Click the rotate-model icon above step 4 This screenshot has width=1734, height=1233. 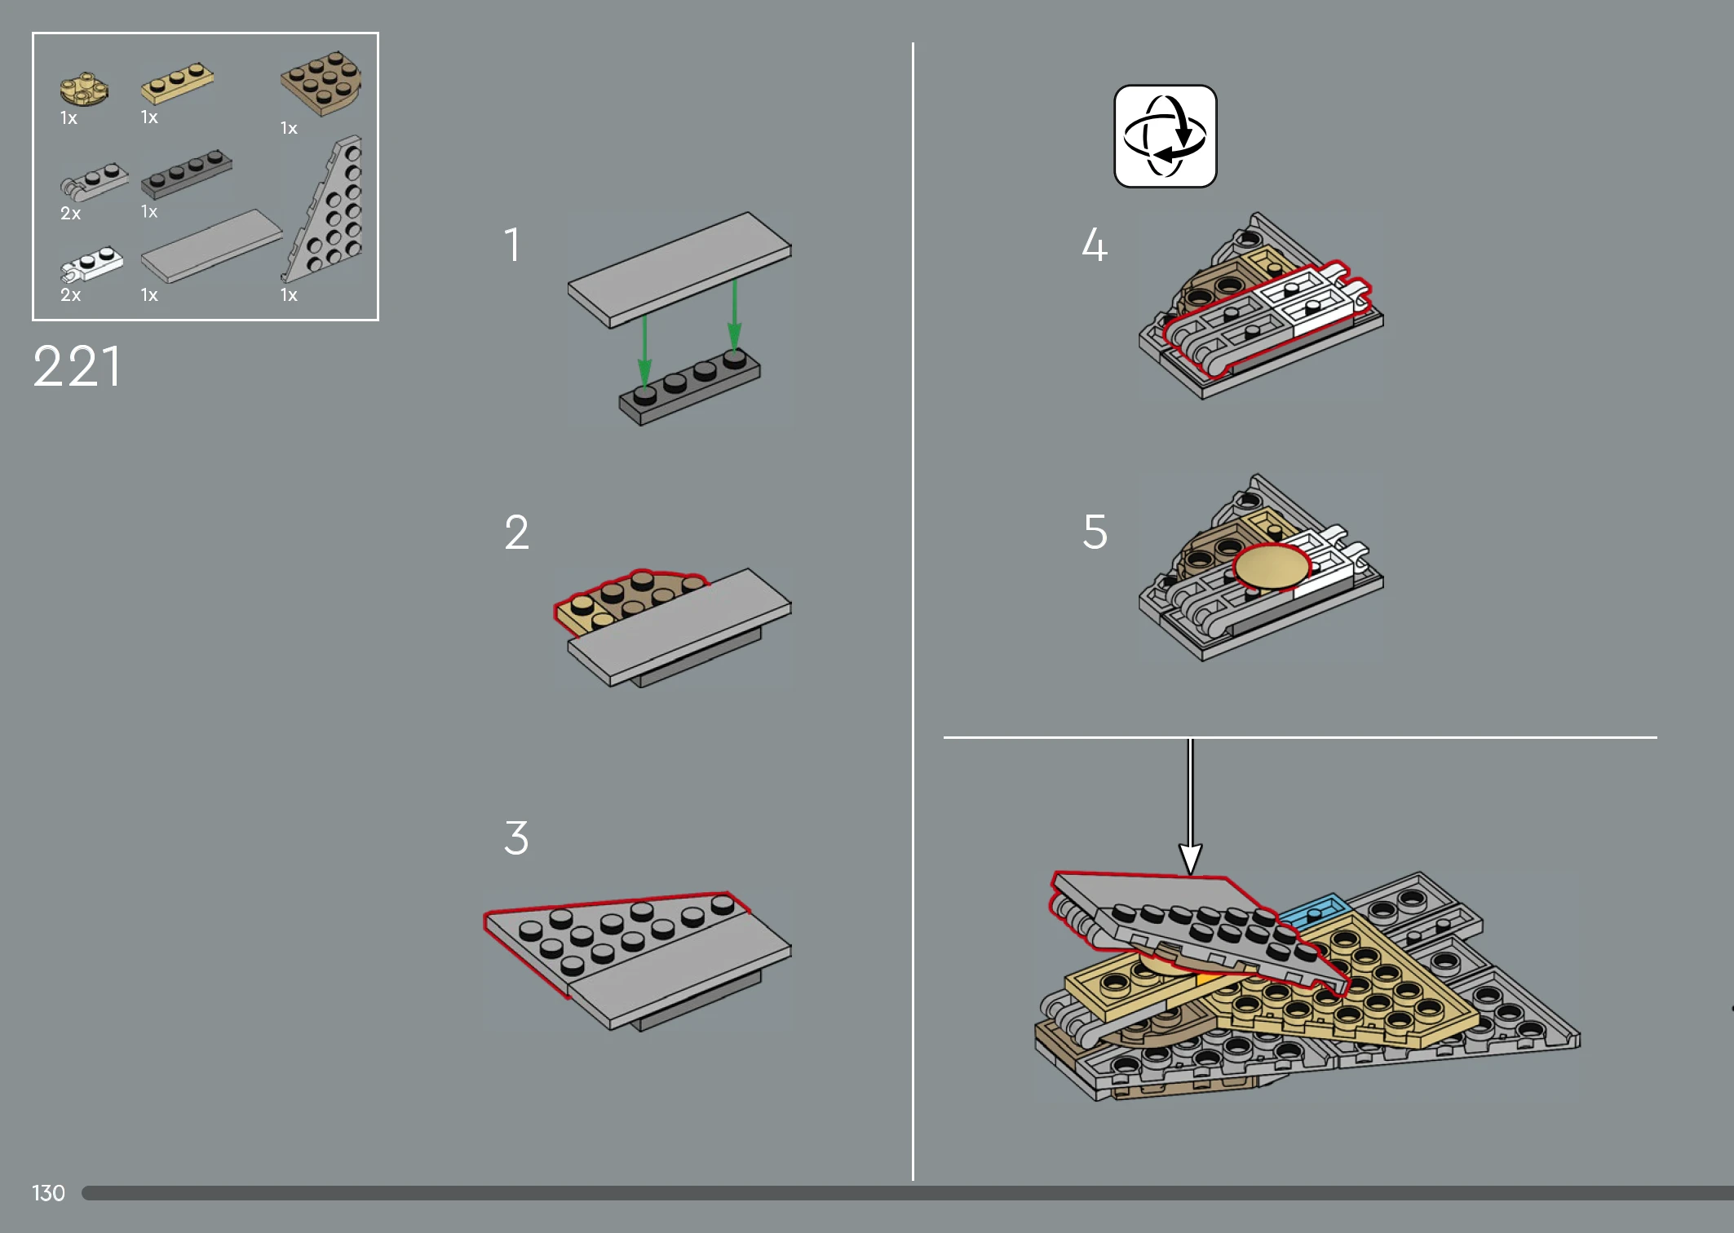[1165, 136]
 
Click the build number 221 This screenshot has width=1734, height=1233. [77, 366]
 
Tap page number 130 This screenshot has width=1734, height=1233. [48, 1193]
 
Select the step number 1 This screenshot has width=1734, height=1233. [512, 245]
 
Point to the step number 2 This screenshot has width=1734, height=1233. [517, 533]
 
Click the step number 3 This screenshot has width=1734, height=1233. [516, 838]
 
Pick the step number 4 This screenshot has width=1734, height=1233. [1095, 244]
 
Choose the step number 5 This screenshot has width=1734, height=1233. [1095, 532]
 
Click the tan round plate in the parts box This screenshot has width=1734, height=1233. [84, 88]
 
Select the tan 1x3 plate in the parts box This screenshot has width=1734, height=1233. [178, 82]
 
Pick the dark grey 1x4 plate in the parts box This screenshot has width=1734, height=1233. [187, 172]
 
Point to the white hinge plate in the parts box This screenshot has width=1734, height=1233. [91, 263]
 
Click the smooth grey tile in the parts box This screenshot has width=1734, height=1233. [211, 246]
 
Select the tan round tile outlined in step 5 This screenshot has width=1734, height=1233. [1272, 567]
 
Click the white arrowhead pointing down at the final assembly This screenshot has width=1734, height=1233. [1191, 859]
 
